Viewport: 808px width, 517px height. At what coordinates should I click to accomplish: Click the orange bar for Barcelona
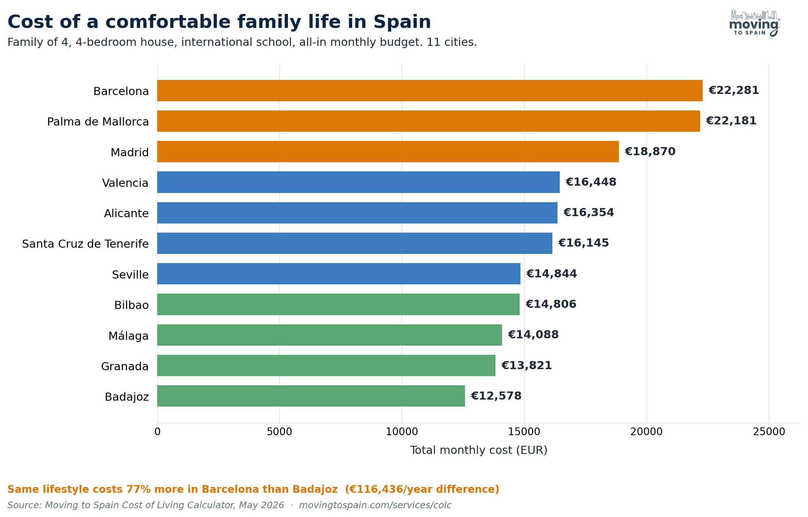coord(430,91)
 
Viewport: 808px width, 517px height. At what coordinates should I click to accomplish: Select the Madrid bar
coord(388,152)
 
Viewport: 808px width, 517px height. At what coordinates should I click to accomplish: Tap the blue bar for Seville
coord(339,274)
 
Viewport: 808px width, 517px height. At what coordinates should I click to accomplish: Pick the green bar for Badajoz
coord(311,396)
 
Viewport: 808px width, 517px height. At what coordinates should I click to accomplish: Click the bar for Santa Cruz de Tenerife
coord(355,243)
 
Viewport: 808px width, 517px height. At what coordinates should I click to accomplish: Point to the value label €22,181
coord(731,121)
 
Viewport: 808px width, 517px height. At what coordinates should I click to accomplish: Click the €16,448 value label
coord(591,182)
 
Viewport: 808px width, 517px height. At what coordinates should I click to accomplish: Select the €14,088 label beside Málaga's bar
coord(533,335)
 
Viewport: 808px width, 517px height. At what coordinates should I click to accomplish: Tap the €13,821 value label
coord(527,365)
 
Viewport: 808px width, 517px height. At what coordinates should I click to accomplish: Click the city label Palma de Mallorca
coord(98,121)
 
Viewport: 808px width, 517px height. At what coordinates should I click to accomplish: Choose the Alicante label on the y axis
coord(126,213)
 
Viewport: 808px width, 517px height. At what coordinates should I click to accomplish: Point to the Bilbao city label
coord(131,305)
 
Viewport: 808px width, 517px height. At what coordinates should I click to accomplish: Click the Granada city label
coord(125,366)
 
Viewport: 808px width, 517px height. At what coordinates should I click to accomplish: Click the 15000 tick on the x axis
coord(524,432)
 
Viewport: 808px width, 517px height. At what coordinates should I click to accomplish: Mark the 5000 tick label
coord(279,432)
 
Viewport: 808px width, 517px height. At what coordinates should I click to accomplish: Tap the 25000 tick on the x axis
coord(769,432)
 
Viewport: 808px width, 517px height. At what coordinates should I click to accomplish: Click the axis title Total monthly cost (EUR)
coord(479,450)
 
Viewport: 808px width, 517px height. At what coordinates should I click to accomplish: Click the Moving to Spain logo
coord(755,23)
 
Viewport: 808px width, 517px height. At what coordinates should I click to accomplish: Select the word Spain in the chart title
coord(402,22)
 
